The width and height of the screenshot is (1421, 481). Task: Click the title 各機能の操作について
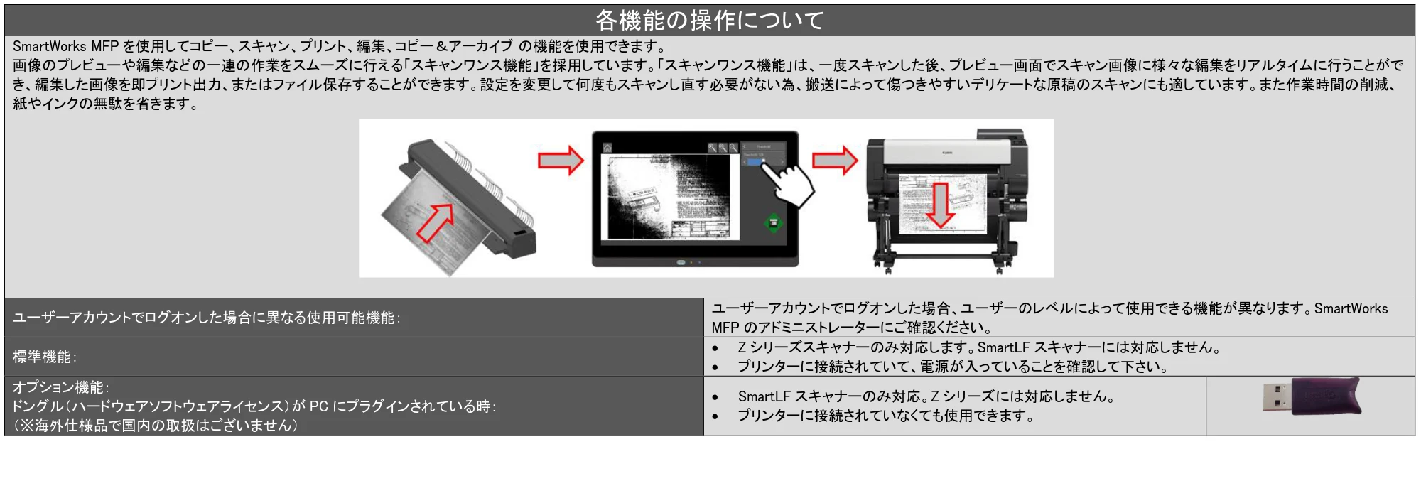[709, 20]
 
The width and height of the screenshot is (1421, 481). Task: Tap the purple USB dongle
[1312, 396]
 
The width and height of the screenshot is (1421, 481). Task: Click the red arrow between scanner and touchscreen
[561, 160]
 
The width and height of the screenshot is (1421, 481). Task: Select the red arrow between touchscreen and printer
[835, 160]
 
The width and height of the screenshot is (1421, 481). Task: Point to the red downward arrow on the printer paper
[941, 205]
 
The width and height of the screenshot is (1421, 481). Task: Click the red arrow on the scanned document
[435, 221]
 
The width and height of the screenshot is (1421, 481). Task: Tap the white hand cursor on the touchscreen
[789, 183]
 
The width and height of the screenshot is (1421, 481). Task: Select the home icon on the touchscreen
[607, 148]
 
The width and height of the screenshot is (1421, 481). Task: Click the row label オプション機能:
[61, 387]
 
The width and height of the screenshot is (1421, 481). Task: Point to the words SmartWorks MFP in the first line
[65, 46]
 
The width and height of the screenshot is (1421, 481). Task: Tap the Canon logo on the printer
[947, 153]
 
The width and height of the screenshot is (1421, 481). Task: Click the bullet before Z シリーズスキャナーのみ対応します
[715, 348]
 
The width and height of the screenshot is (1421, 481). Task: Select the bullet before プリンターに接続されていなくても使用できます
[715, 416]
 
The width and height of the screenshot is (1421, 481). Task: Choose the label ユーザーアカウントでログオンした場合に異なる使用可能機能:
[207, 318]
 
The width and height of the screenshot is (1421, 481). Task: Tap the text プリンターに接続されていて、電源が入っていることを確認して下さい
[952, 367]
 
